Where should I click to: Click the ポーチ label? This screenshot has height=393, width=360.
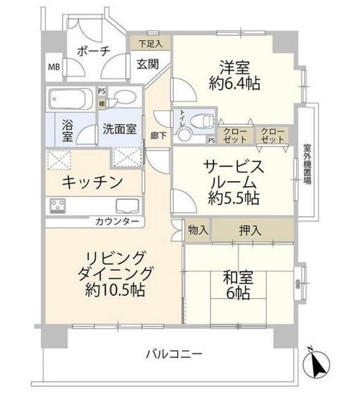pyautogui.click(x=93, y=52)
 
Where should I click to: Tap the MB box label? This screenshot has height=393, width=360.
pyautogui.click(x=54, y=67)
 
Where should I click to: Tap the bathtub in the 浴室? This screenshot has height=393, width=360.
pyautogui.click(x=69, y=98)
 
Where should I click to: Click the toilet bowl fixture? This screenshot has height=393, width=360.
pyautogui.click(x=198, y=121)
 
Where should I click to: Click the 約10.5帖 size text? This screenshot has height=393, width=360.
pyautogui.click(x=116, y=290)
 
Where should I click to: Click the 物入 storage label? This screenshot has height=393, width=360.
pyautogui.click(x=197, y=231)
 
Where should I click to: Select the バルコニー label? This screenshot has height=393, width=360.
pyautogui.click(x=174, y=354)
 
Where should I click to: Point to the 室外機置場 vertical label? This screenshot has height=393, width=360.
pyautogui.click(x=307, y=164)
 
